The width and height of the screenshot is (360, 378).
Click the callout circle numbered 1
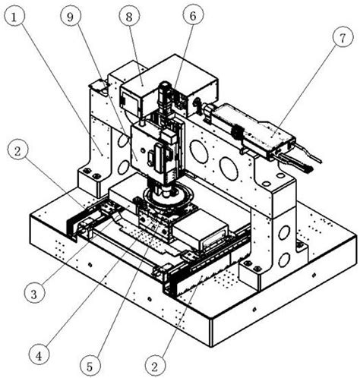tap(14, 17)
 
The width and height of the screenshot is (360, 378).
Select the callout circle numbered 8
tap(129, 17)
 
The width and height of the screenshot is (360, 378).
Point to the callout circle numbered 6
tap(193, 16)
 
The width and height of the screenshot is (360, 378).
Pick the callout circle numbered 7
tap(343, 37)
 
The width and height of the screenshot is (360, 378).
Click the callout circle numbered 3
tap(34, 294)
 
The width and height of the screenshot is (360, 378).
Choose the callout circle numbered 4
tap(39, 356)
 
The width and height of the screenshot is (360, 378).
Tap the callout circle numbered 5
tap(90, 367)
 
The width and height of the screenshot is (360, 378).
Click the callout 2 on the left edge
tap(17, 151)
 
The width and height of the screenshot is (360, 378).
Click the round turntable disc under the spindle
tap(169, 199)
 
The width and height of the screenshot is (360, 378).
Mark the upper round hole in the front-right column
tap(284, 233)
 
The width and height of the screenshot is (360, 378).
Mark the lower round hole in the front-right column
tap(284, 260)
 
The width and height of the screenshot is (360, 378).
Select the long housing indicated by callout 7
tap(253, 128)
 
